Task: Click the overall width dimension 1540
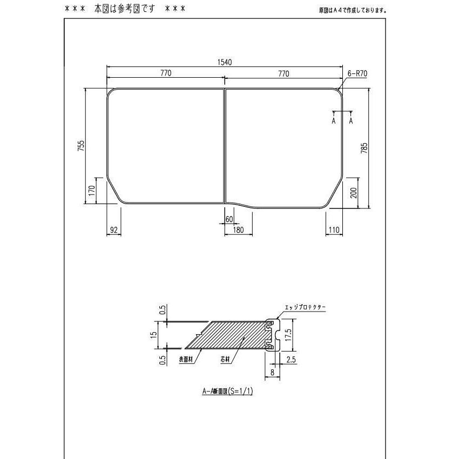(x=225, y=62)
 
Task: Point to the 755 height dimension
(x=80, y=146)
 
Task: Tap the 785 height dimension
(x=364, y=148)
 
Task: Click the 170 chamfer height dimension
(x=92, y=190)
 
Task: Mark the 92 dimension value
(x=113, y=230)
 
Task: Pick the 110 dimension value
(x=334, y=230)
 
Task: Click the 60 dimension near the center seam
(x=229, y=219)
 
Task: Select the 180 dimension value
(x=238, y=230)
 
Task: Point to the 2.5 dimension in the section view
(x=291, y=359)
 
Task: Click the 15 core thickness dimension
(x=153, y=335)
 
